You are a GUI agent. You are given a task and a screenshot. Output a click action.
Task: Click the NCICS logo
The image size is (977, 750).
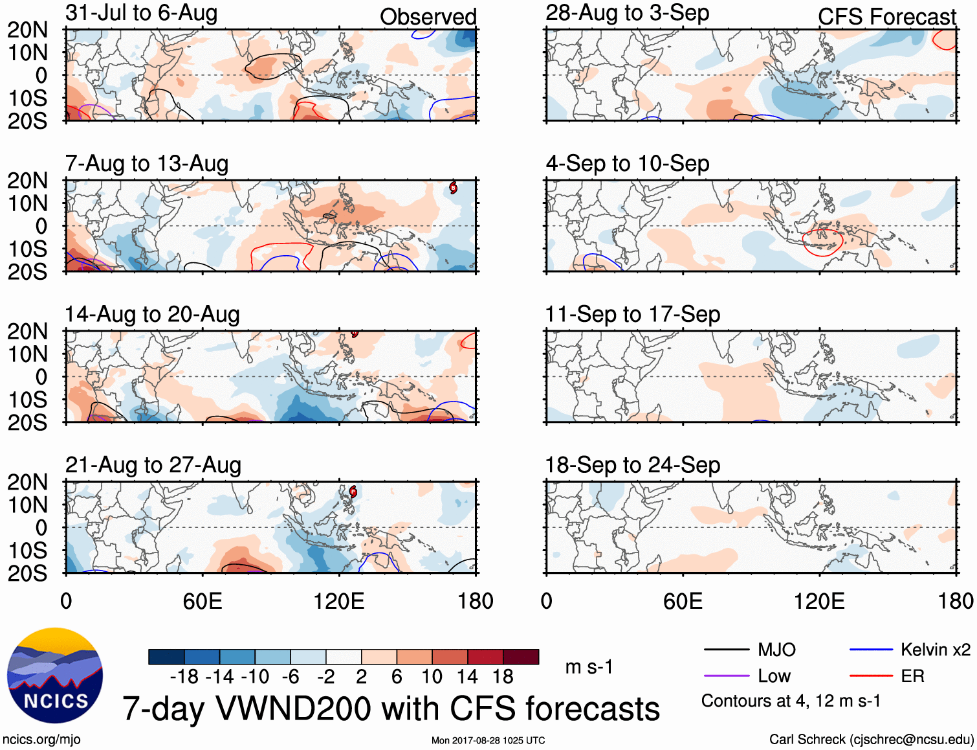(55, 676)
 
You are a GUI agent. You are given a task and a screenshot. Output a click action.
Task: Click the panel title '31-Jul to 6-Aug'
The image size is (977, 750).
(141, 13)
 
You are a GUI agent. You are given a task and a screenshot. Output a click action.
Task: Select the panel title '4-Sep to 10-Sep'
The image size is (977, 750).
(627, 163)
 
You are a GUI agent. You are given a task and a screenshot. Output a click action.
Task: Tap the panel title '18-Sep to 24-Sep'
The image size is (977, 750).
(632, 465)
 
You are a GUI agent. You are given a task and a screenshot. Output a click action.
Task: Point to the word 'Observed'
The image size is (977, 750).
(428, 17)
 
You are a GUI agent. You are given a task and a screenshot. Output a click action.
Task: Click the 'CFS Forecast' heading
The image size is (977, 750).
(886, 17)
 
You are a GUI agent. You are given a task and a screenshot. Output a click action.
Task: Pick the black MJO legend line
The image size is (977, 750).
(726, 650)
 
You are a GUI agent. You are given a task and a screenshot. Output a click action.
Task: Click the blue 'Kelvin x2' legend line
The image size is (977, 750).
(871, 650)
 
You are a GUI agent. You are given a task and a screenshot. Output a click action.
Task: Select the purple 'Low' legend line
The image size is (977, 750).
(726, 676)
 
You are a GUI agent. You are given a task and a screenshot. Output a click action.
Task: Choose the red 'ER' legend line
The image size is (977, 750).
(871, 676)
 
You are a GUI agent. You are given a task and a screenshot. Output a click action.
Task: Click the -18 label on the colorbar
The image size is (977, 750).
(184, 677)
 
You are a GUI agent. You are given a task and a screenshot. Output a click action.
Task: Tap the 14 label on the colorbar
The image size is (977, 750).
(467, 677)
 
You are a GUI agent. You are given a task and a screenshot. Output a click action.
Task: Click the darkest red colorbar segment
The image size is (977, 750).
(521, 657)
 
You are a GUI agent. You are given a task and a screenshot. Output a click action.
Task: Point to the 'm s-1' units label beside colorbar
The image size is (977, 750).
(589, 666)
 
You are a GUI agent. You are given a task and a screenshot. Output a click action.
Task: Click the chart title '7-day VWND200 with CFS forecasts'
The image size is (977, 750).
(391, 709)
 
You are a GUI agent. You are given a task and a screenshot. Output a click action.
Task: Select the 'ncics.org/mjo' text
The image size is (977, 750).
(41, 740)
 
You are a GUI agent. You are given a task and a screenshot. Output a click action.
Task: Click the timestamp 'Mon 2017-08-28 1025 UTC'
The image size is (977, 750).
(488, 740)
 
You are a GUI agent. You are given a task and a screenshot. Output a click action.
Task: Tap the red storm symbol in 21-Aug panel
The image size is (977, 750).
(353, 492)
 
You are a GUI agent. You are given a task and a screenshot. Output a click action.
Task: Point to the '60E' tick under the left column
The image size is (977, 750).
(203, 601)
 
